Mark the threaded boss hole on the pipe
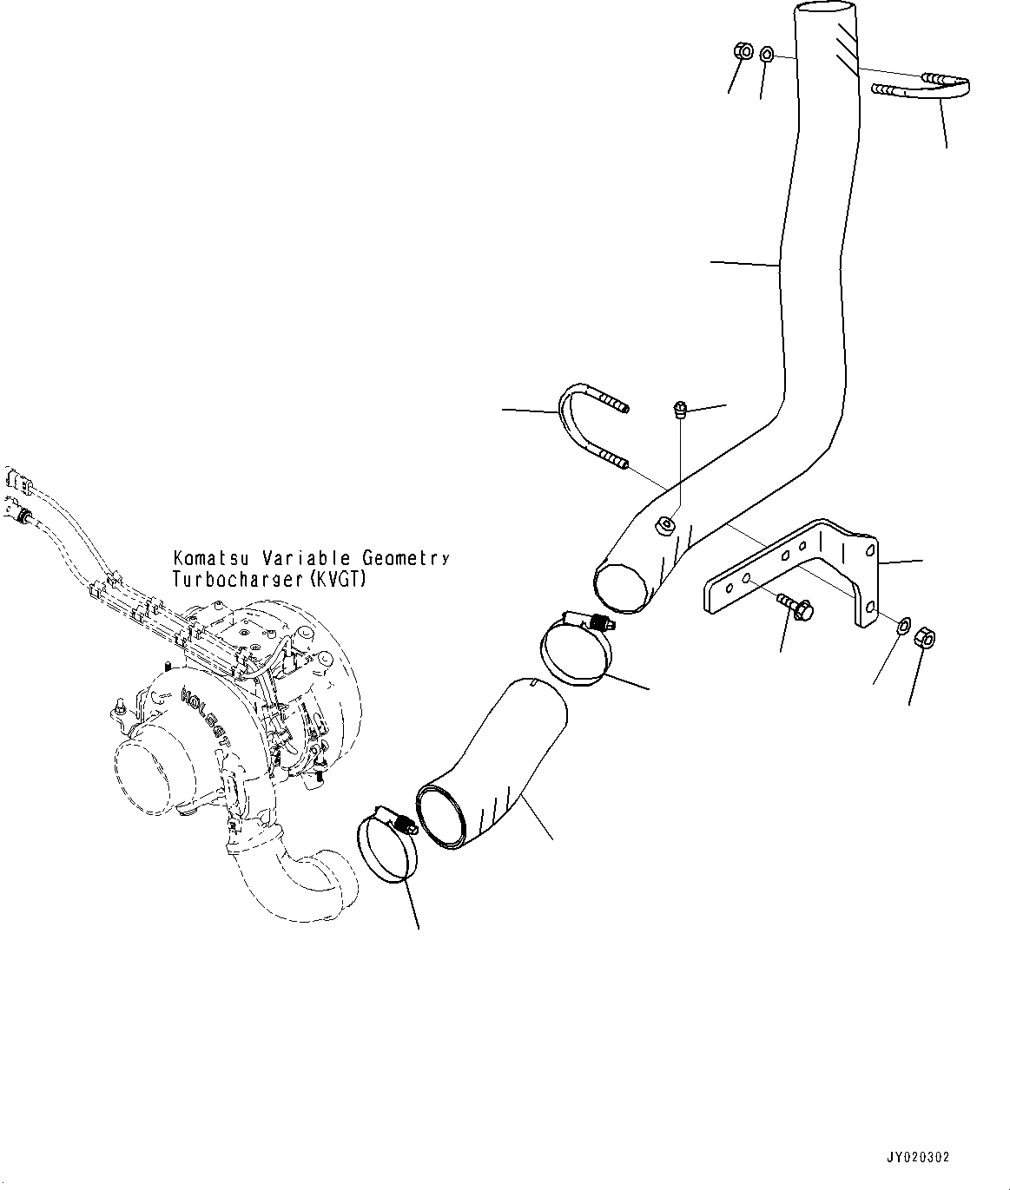[664, 523]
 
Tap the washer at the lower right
[902, 625]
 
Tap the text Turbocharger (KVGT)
[269, 579]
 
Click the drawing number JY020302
[918, 1158]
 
